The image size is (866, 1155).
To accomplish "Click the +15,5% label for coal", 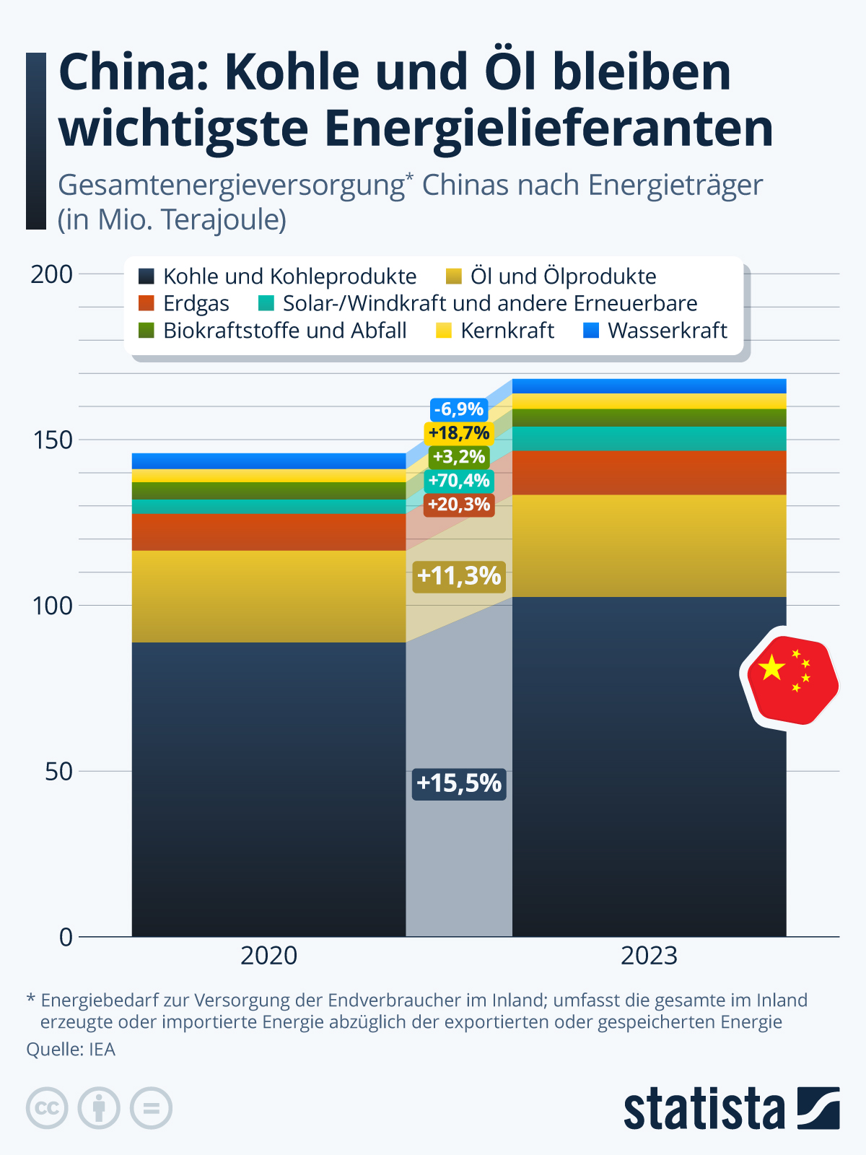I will pyautogui.click(x=459, y=783).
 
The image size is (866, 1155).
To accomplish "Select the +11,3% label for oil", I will pyautogui.click(x=459, y=576).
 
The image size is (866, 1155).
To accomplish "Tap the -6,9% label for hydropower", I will pyautogui.click(x=459, y=409).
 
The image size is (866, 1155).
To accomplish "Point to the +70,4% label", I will pyautogui.click(x=459, y=480).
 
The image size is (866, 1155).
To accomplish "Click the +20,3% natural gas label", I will pyautogui.click(x=459, y=504).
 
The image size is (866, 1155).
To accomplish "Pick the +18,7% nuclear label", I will pyautogui.click(x=459, y=433).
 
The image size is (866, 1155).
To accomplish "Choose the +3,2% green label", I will pyautogui.click(x=459, y=456).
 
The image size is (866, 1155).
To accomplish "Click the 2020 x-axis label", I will pyautogui.click(x=268, y=956).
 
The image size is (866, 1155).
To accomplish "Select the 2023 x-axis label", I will pyautogui.click(x=649, y=956).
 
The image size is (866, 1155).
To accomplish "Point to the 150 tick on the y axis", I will pyautogui.click(x=53, y=440).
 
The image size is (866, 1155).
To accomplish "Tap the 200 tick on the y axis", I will pyautogui.click(x=53, y=274).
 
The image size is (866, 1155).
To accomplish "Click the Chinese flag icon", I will pyautogui.click(x=792, y=679).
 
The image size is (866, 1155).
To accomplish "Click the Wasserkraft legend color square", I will pyautogui.click(x=591, y=331).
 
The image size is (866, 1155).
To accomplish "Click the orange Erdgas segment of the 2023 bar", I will pyautogui.click(x=649, y=473).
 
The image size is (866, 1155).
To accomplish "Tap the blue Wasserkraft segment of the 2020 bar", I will pyautogui.click(x=268, y=461).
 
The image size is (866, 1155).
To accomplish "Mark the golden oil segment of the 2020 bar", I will pyautogui.click(x=268, y=596).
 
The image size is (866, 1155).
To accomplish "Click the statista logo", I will pyautogui.click(x=731, y=1108).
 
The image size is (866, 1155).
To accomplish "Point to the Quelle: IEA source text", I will pyautogui.click(x=71, y=1049).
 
